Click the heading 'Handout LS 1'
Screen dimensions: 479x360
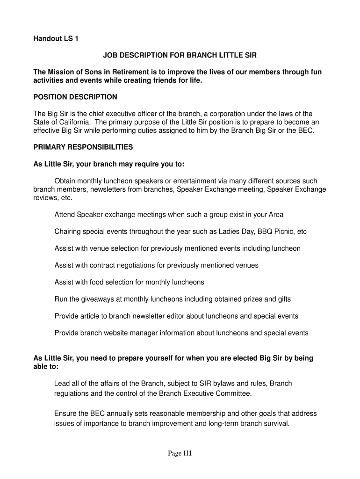[x=56, y=39]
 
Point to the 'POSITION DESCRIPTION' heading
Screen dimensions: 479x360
[x=75, y=97]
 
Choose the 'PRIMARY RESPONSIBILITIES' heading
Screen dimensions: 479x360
[x=83, y=147]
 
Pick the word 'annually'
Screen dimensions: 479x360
[x=119, y=414]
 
